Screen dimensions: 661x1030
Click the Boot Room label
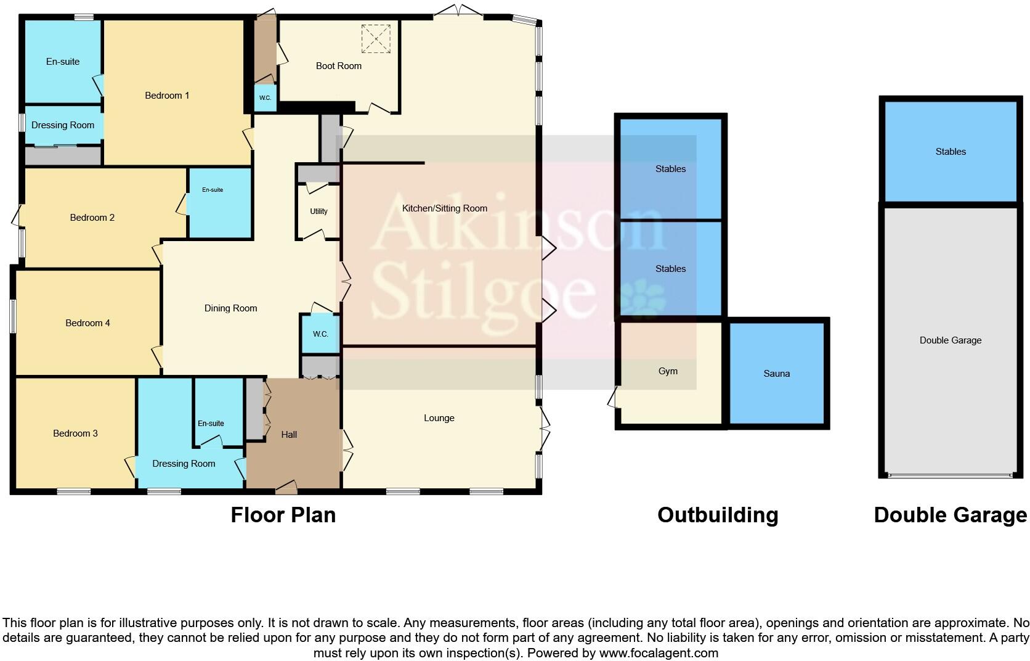click(x=338, y=66)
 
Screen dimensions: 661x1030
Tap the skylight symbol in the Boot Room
click(x=376, y=39)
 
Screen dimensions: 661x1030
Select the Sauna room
click(x=776, y=374)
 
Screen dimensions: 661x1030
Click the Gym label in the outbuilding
click(x=668, y=371)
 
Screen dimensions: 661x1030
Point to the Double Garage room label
click(x=950, y=340)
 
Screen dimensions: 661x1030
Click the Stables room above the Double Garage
click(x=950, y=152)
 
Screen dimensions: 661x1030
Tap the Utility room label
click(x=318, y=211)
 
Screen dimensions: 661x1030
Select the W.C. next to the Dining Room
click(x=320, y=334)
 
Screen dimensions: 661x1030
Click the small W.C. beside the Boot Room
click(x=265, y=98)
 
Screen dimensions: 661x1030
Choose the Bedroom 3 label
click(x=75, y=433)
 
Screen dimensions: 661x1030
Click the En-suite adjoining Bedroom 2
click(x=213, y=190)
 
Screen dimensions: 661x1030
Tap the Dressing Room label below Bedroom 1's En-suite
click(x=63, y=125)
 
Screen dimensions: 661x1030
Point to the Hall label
click(x=289, y=435)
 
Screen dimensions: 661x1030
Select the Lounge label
click(x=439, y=418)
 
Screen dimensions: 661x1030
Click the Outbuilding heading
click(x=717, y=515)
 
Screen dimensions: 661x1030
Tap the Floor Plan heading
click(x=283, y=515)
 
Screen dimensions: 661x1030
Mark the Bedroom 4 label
click(x=87, y=323)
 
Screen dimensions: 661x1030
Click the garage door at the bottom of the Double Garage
click(x=950, y=475)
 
